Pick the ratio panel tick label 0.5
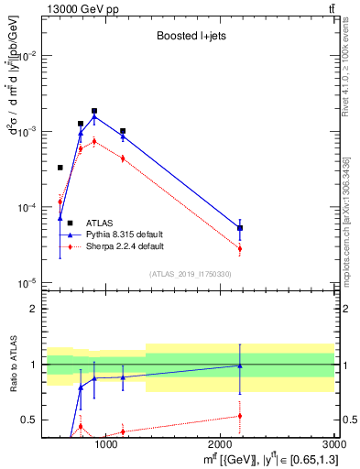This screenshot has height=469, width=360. coord(28,420)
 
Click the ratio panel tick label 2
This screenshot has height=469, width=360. coord(33,309)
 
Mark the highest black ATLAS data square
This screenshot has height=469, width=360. coord(94,111)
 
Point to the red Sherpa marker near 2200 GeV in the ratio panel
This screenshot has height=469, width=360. coord(240,416)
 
